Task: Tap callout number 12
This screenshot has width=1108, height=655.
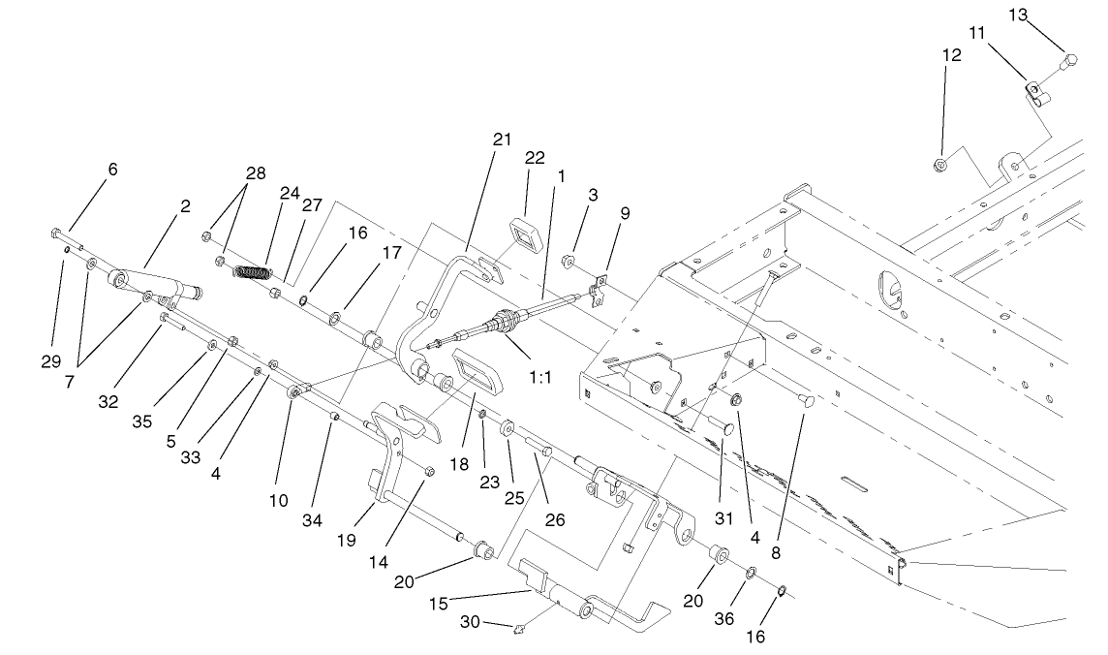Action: click(x=952, y=55)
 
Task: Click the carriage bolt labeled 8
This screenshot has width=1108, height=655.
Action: click(x=804, y=398)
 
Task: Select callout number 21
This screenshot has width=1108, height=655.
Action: click(x=501, y=140)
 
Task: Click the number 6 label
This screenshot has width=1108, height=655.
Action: click(x=112, y=169)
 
